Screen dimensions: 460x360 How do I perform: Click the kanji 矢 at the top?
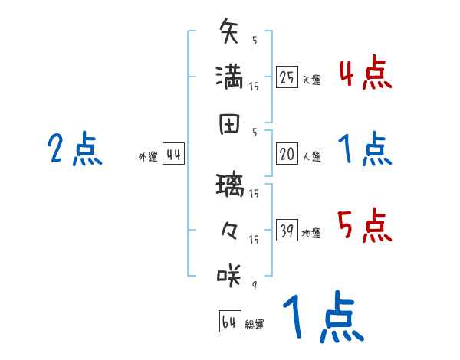pos(230,34)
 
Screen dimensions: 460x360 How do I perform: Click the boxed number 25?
pos(287,77)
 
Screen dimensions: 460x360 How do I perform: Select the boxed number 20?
pos(287,155)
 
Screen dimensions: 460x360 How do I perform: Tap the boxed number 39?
pos(287,231)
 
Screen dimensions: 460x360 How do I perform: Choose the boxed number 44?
pos(174,155)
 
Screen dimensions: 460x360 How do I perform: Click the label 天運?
pos(311,80)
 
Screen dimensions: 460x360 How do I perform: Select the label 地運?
pos(311,233)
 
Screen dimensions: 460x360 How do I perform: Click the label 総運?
pos(255,324)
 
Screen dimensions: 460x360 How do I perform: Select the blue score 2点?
pos(76,149)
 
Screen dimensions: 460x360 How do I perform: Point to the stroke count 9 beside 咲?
pos(253,286)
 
